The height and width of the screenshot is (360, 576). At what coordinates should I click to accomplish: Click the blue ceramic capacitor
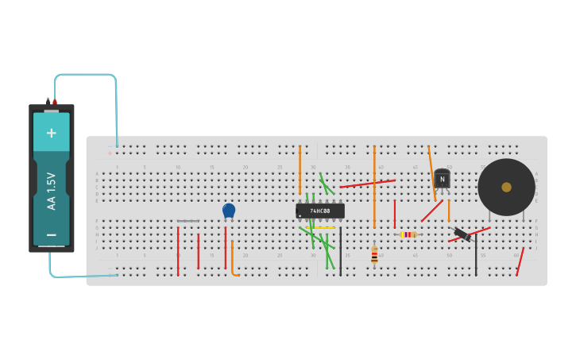point(229,210)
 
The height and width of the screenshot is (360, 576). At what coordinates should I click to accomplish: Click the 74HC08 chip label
point(321,211)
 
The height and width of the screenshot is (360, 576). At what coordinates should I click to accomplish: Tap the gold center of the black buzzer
point(506,188)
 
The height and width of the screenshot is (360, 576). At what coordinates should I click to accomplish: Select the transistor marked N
point(442,180)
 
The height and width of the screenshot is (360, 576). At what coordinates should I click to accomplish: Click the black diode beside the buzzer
point(462,234)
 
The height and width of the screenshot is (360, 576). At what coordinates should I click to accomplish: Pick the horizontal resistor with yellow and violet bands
point(408,234)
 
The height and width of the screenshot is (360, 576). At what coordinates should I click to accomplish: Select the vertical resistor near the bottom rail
point(374,255)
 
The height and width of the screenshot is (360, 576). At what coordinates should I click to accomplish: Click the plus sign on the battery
point(52,133)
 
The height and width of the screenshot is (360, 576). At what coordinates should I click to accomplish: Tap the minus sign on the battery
point(52,234)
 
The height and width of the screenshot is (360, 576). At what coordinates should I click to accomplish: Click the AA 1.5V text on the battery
point(52,191)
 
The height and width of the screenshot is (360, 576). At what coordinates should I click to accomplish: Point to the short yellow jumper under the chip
point(325,228)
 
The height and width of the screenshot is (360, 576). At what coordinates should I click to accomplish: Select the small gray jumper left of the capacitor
point(187,221)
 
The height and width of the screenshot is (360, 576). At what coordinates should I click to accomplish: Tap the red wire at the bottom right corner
point(520,261)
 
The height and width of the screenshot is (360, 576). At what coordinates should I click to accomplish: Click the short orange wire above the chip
point(300,168)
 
